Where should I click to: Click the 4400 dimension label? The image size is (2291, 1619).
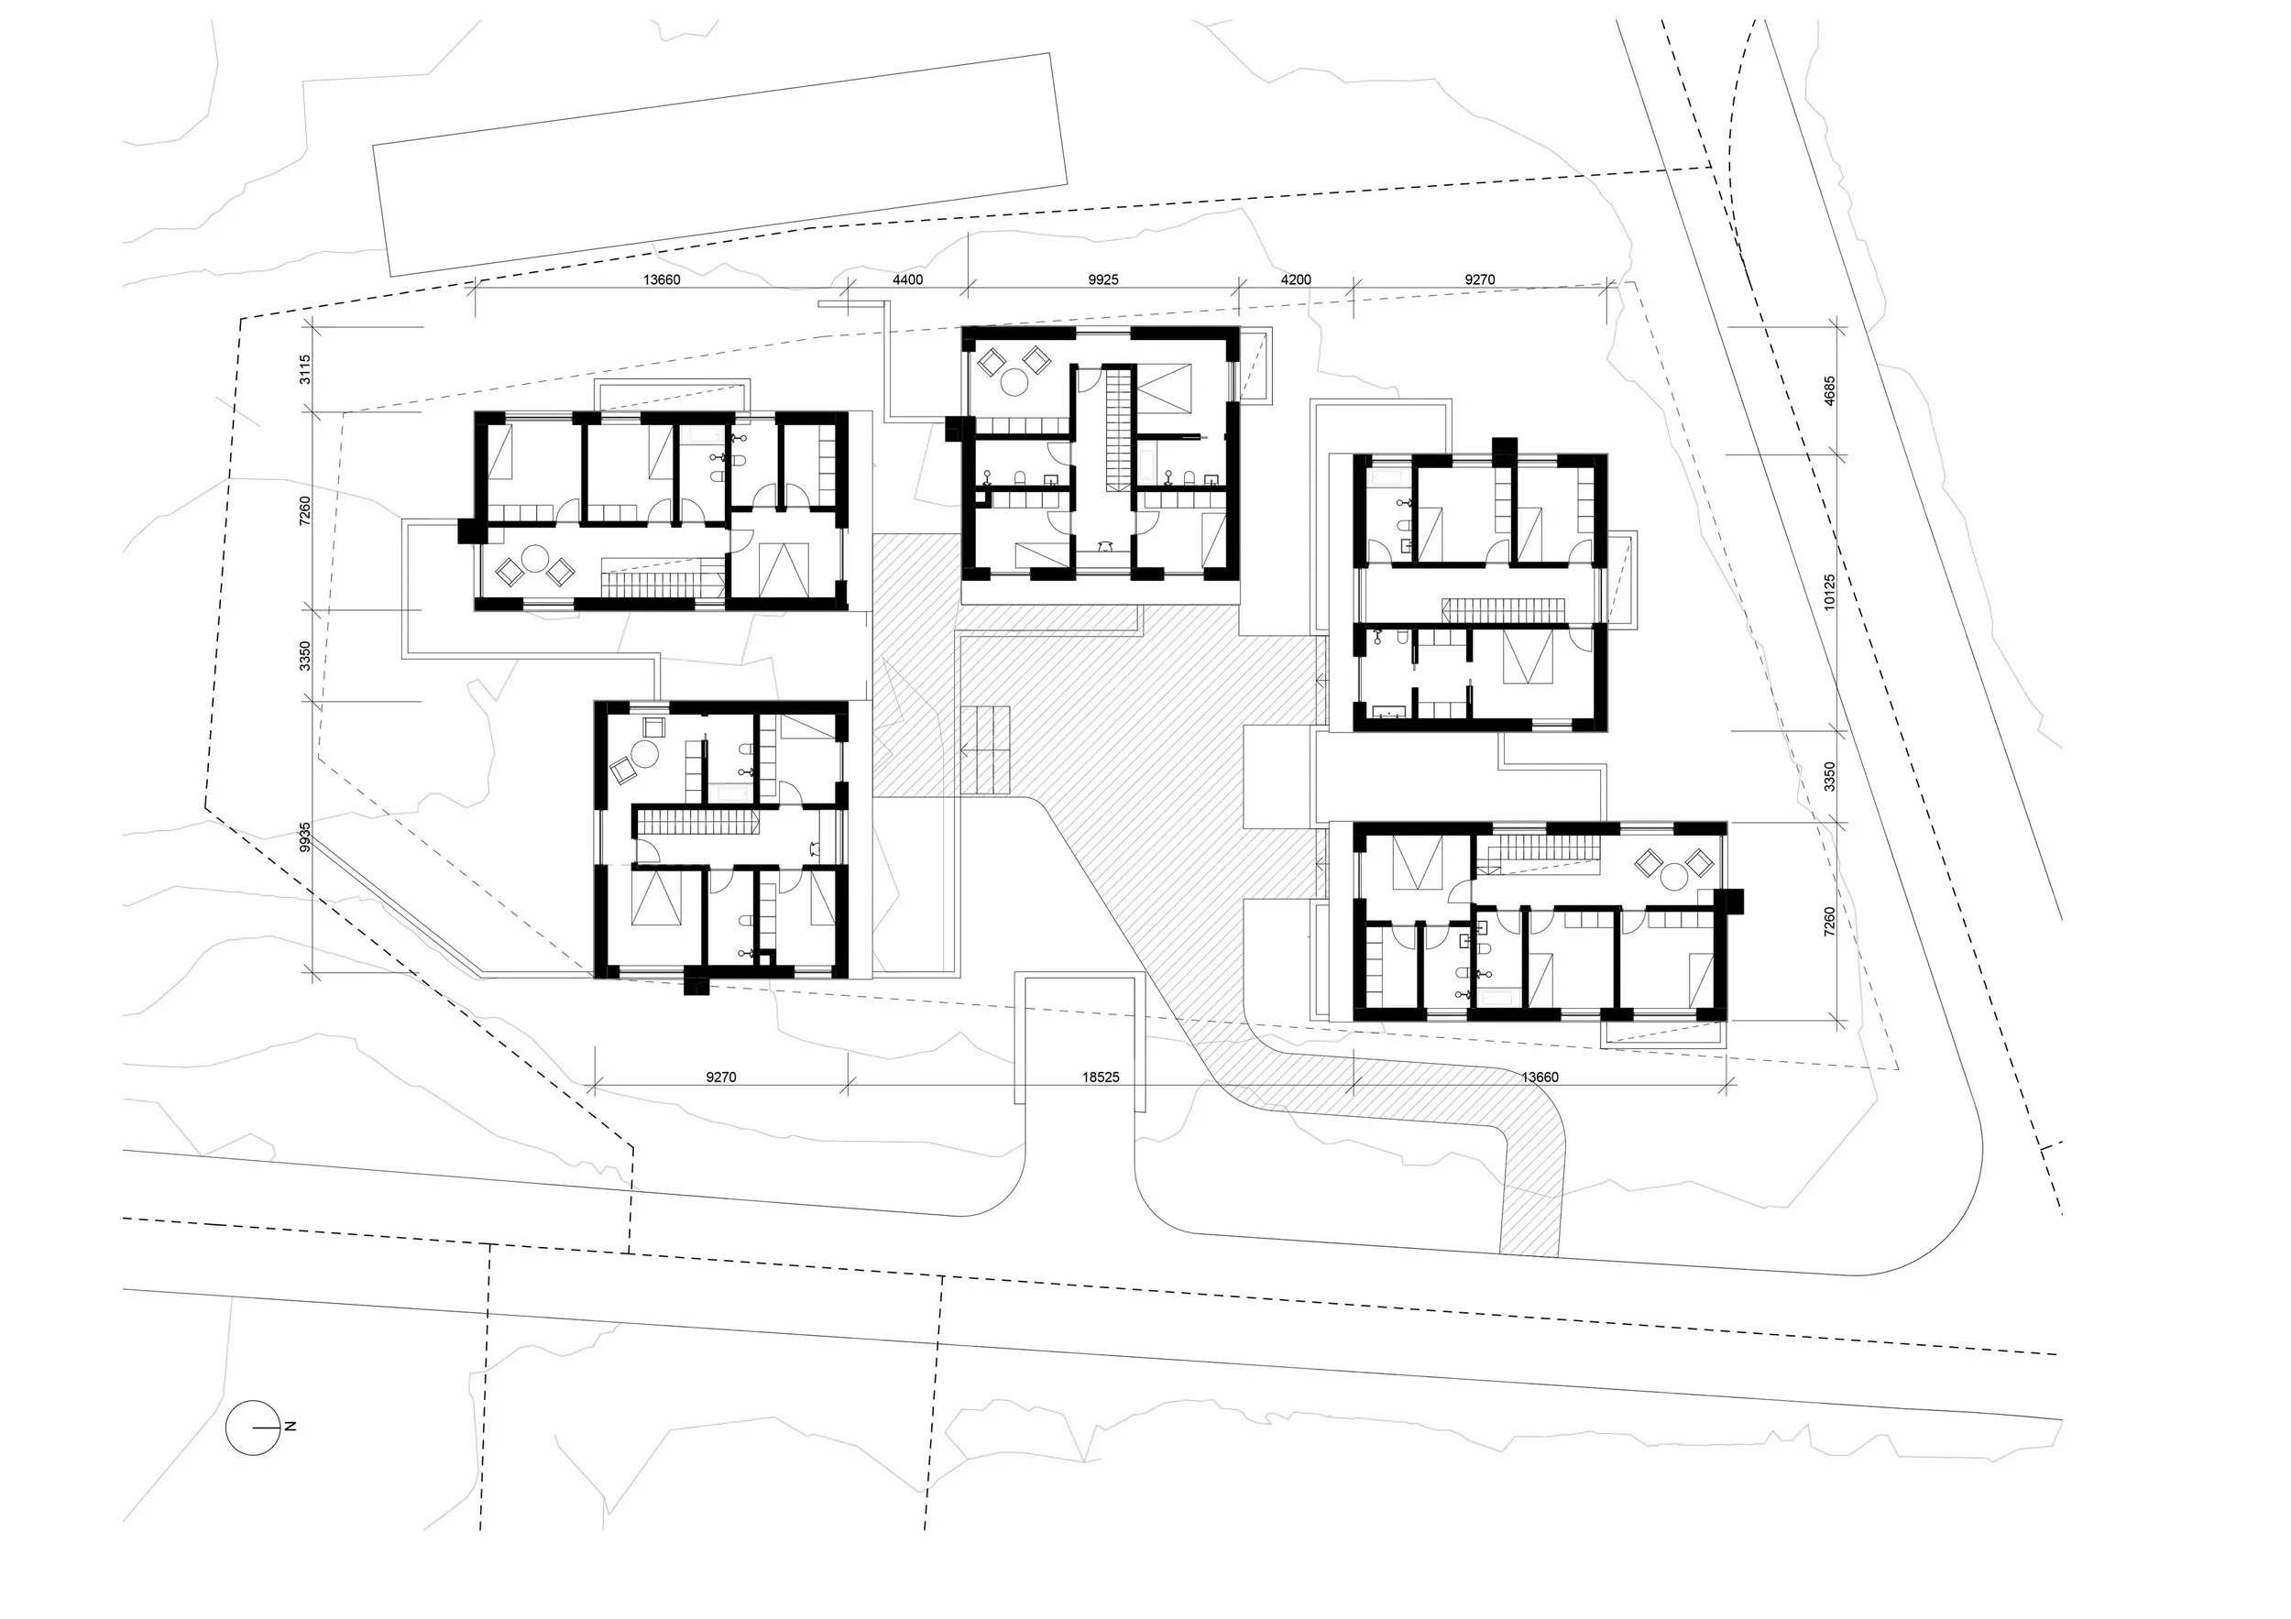point(907,280)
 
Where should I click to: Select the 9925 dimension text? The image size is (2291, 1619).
point(1102,280)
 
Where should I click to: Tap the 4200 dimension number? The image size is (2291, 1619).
point(1295,280)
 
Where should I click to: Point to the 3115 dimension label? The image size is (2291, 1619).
point(305,369)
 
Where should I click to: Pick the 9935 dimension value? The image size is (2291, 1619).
point(305,836)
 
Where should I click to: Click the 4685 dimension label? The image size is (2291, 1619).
point(1829,390)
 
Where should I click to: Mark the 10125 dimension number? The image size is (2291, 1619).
point(1829,592)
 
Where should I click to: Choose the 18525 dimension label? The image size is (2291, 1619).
point(1100,1078)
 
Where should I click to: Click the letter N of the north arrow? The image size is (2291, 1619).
point(291,1427)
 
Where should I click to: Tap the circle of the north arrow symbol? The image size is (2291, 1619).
point(251,1428)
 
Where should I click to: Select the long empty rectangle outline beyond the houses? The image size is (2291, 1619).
point(719,165)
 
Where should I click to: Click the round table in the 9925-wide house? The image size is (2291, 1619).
point(1015,381)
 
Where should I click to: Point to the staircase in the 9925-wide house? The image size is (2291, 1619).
point(1119,428)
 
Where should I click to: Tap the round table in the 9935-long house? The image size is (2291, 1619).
point(645,754)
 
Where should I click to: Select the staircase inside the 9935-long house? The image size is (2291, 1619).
point(697,822)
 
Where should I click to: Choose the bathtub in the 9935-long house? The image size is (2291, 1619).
point(731,792)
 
